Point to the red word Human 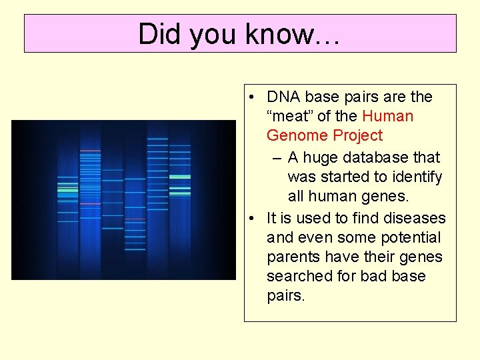tap(387, 117)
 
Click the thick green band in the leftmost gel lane tap(67, 190)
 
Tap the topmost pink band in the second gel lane tap(90, 151)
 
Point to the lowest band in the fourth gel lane tap(135, 251)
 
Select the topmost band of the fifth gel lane tap(158, 139)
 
